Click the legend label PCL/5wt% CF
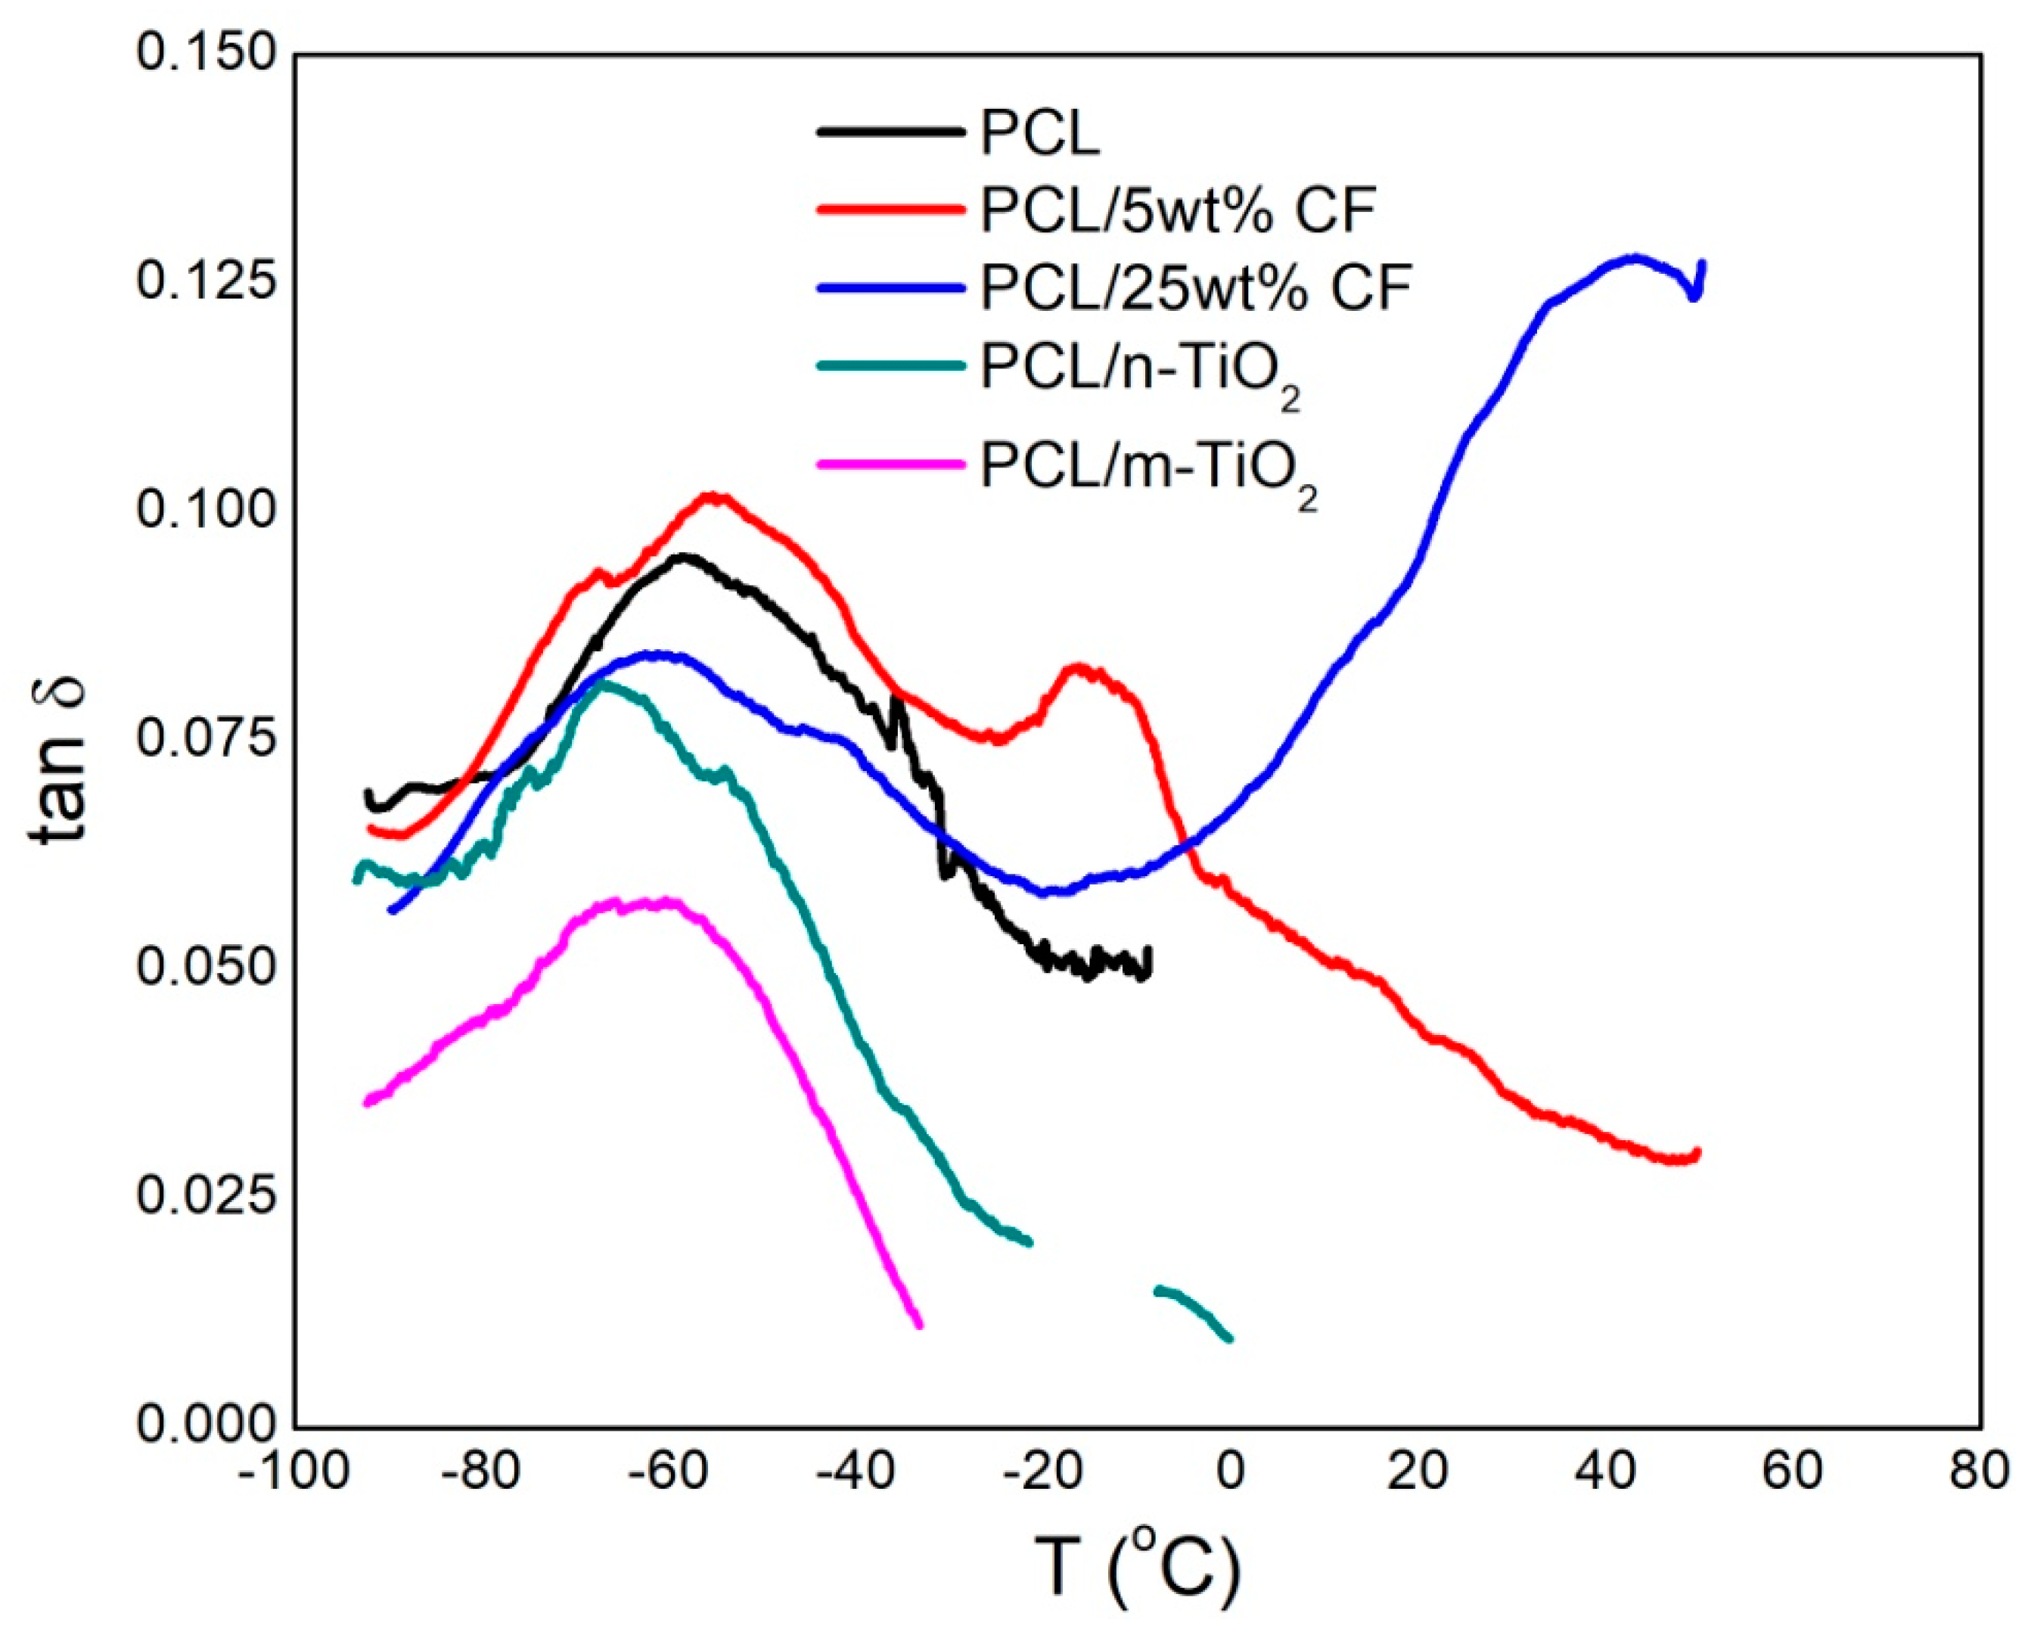click(1177, 210)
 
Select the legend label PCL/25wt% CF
click(1195, 288)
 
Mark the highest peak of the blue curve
click(1632, 256)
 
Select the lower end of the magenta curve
click(918, 1323)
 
